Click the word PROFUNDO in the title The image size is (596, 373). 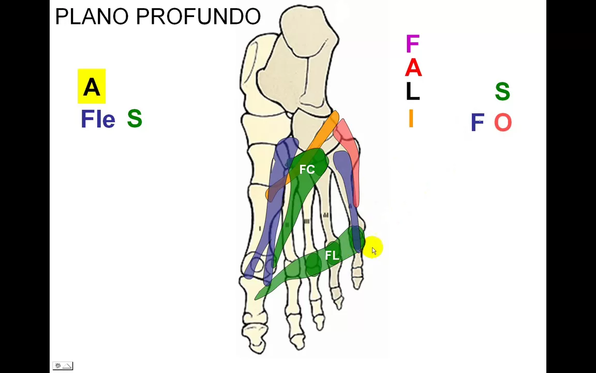click(198, 17)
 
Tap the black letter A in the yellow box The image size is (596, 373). click(92, 87)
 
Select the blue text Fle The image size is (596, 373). click(98, 120)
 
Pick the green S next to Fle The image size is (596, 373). click(135, 119)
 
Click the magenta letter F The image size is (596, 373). click(412, 44)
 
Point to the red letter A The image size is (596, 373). click(413, 68)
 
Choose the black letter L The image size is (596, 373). click(412, 92)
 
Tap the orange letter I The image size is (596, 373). click(411, 119)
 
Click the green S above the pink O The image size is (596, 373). click(502, 92)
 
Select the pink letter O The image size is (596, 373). click(502, 123)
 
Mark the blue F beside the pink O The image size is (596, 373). click(477, 123)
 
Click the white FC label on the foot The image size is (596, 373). click(307, 169)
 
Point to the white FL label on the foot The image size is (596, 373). click(332, 255)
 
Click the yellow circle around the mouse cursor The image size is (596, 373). click(373, 247)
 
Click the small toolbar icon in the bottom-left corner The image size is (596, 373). click(63, 366)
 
